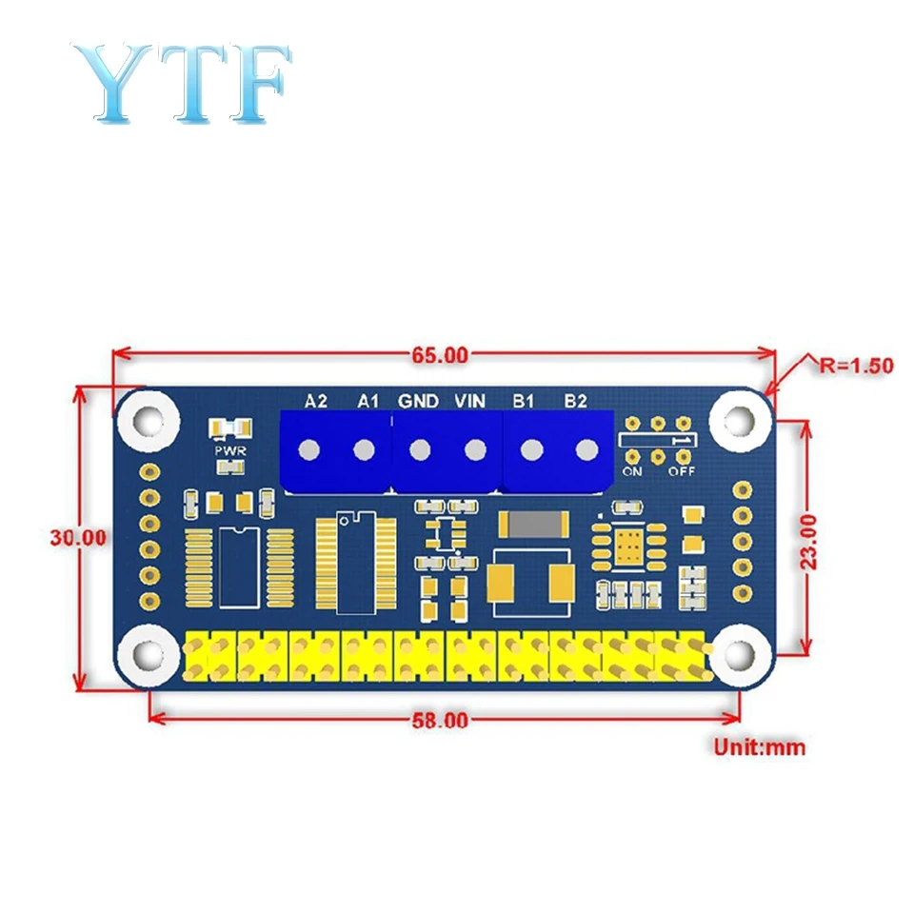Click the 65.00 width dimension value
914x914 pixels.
439,356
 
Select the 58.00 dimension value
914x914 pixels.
439,721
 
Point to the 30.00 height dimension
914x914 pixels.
78,536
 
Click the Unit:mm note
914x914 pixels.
759,746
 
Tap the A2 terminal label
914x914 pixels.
316,401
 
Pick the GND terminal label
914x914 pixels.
418,401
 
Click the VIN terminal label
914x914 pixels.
470,401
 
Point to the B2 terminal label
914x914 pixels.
575,401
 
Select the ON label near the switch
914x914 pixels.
632,470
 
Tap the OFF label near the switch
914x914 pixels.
681,470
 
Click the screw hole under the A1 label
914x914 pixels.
364,449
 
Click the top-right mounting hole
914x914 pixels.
739,420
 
